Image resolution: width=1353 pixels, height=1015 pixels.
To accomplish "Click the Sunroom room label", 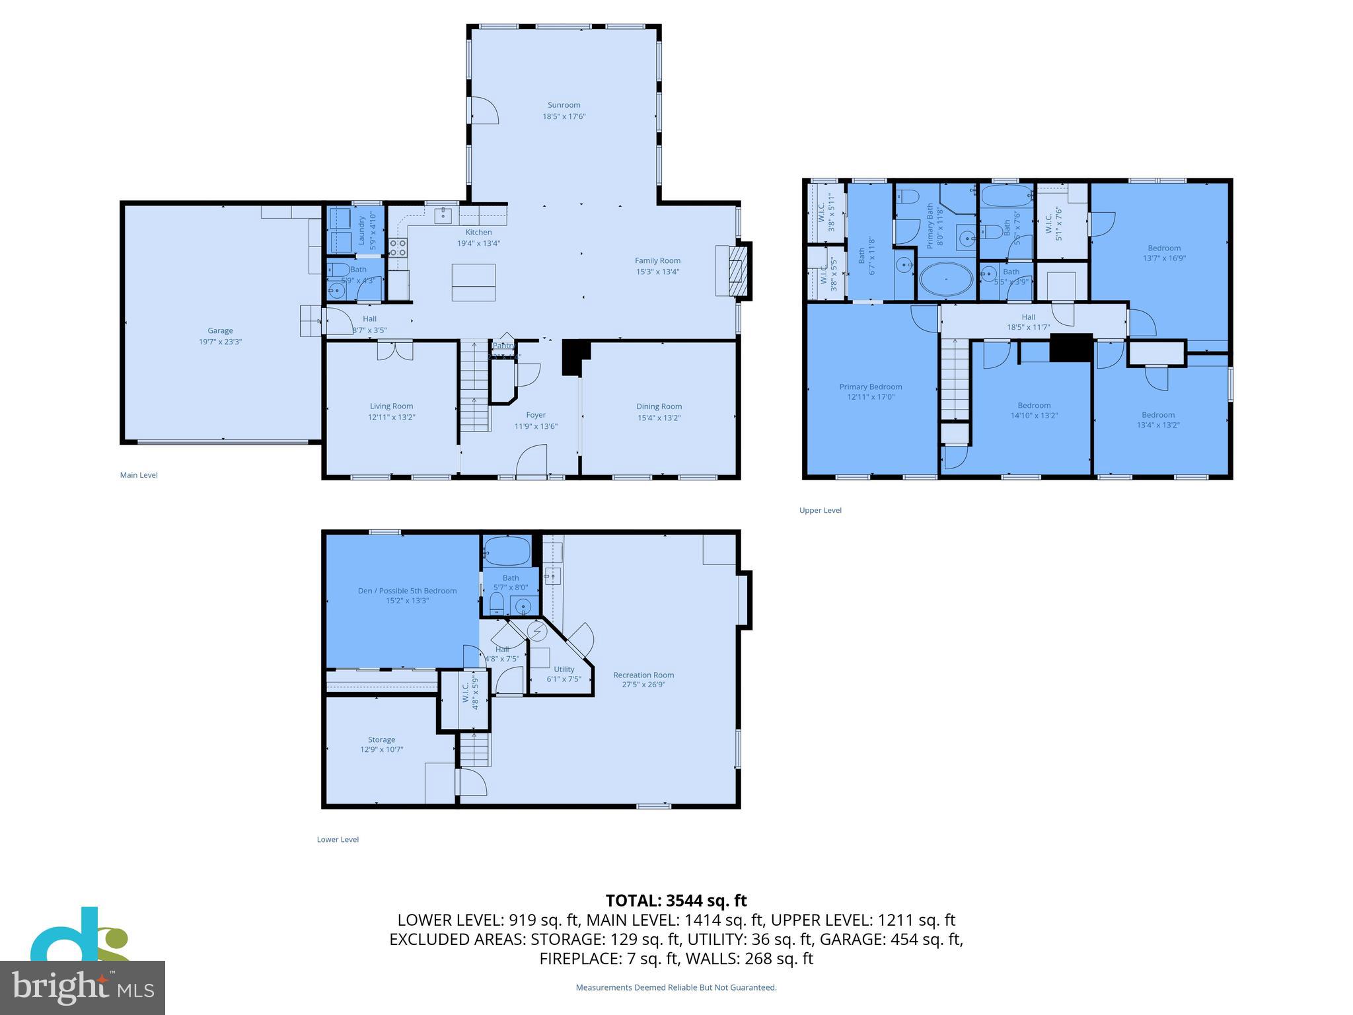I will [564, 105].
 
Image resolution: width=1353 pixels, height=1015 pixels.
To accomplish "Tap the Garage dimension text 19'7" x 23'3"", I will [220, 342].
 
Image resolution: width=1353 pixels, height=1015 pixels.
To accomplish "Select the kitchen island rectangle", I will [473, 282].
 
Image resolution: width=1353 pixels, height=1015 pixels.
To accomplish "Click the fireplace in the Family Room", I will [734, 271].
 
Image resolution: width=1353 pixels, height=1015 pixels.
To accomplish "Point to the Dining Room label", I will [659, 406].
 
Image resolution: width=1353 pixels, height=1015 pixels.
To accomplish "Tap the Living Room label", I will [391, 406].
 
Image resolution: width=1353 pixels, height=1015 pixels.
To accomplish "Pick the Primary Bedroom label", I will [870, 387].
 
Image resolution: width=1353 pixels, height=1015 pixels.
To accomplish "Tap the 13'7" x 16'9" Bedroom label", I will [1164, 253].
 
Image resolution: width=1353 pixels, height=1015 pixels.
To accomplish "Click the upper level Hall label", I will [1028, 317].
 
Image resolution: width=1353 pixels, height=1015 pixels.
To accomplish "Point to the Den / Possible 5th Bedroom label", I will [407, 591].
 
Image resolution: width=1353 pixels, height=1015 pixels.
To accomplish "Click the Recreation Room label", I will [643, 675].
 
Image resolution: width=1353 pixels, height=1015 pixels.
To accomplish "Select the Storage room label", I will [381, 739].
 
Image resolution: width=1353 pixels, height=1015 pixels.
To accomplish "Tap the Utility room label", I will [564, 669].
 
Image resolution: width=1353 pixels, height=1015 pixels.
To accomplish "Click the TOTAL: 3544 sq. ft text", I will [676, 901].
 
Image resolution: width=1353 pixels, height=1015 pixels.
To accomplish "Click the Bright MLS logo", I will [82, 987].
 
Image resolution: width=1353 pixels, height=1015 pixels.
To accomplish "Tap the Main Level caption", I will [139, 475].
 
